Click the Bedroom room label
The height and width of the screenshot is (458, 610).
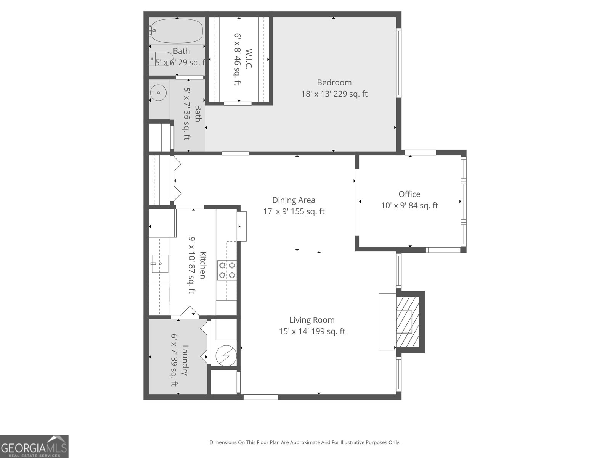[x=334, y=82]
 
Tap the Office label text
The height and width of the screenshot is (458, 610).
[x=409, y=194]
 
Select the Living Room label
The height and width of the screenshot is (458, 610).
[x=312, y=320]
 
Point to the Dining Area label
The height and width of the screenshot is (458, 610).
[x=294, y=200]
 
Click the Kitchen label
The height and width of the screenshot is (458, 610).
[x=203, y=265]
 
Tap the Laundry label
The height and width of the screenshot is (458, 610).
[x=185, y=360]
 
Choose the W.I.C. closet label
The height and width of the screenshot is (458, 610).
[x=249, y=59]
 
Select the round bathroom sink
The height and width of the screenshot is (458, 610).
[x=158, y=93]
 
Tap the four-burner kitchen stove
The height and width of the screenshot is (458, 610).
[x=227, y=270]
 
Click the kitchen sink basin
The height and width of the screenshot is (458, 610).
[x=160, y=264]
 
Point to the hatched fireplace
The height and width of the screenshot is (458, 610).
[x=408, y=322]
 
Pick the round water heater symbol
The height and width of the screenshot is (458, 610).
[x=226, y=356]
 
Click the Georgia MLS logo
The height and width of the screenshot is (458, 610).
[x=34, y=446]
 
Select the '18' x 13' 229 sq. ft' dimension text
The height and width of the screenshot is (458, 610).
[x=334, y=94]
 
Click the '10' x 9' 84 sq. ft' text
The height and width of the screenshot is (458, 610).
[x=409, y=205]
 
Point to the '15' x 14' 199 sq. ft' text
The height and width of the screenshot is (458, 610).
[x=312, y=331]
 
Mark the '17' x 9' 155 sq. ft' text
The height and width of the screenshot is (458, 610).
[x=294, y=211]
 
